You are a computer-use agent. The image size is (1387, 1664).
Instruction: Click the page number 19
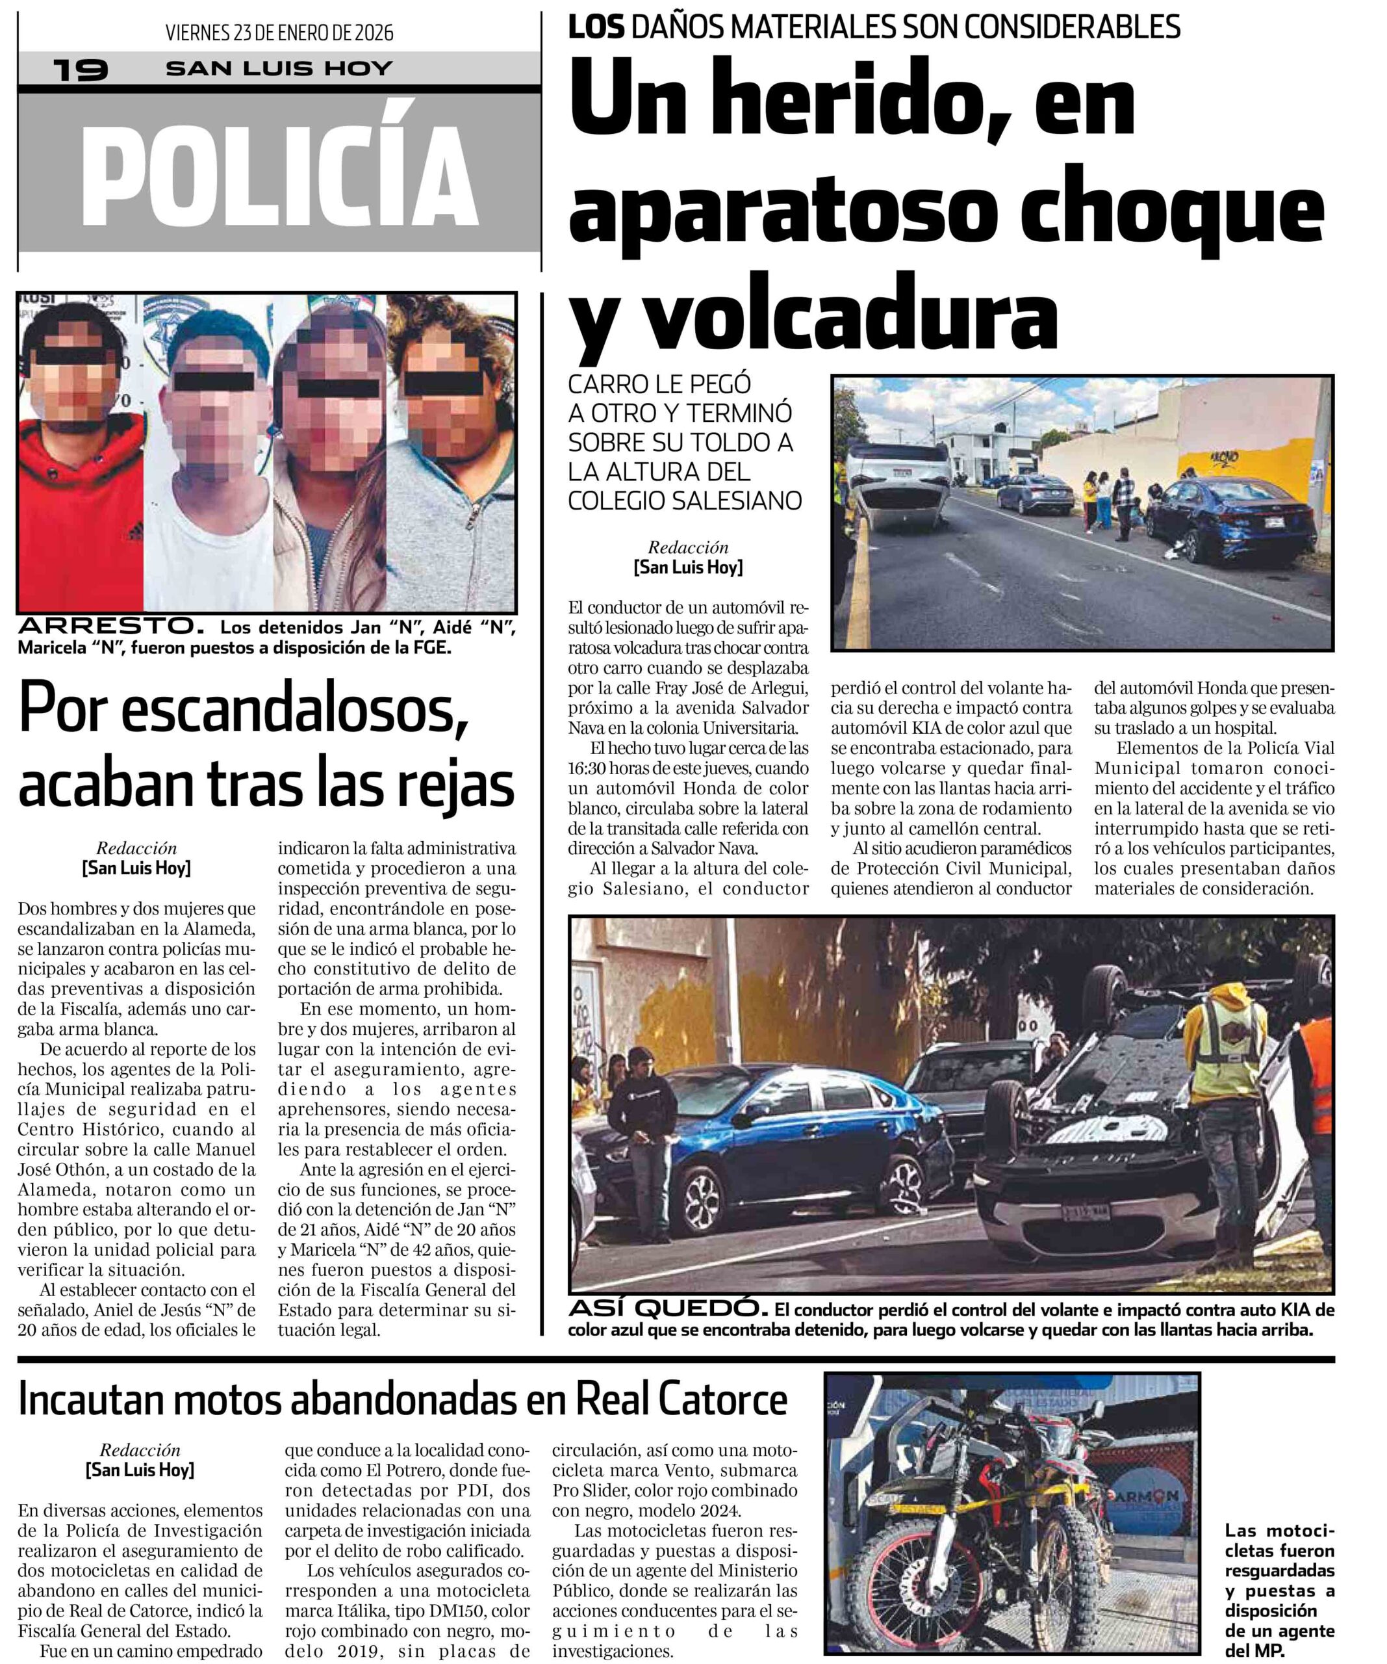80,70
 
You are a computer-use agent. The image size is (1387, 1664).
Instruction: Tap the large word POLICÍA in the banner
279,176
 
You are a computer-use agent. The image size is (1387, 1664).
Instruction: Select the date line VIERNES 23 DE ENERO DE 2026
279,32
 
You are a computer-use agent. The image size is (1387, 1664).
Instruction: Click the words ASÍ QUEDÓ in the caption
668,1308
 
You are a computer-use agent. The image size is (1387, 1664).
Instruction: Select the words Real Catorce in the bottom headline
681,1400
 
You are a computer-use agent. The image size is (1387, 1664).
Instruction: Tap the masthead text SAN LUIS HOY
279,69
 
